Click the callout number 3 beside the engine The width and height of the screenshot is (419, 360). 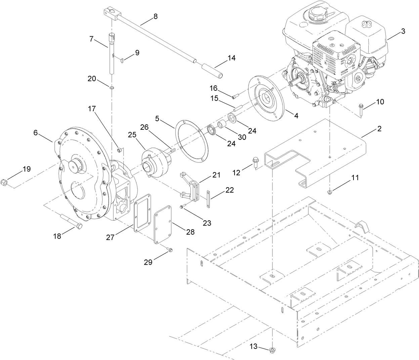[403, 31]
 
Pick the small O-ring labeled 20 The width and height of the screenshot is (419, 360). [112, 88]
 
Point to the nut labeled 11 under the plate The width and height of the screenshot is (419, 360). [330, 192]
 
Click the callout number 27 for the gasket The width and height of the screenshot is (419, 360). [110, 237]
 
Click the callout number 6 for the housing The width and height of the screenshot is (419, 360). [36, 133]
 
